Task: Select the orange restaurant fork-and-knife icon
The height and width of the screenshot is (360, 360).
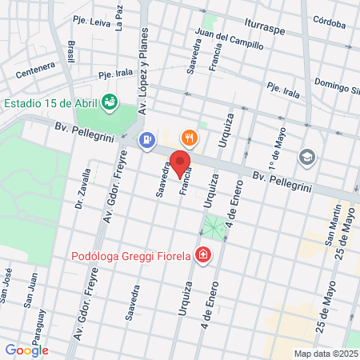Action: pyautogui.click(x=189, y=138)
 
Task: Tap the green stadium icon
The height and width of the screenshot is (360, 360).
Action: pyautogui.click(x=109, y=102)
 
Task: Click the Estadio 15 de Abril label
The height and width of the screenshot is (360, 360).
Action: pyautogui.click(x=50, y=102)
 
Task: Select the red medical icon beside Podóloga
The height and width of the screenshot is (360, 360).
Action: pyautogui.click(x=204, y=256)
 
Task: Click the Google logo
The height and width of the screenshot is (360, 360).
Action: pyautogui.click(x=26, y=350)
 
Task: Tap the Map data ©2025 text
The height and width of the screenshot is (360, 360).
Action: pyautogui.click(x=325, y=354)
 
